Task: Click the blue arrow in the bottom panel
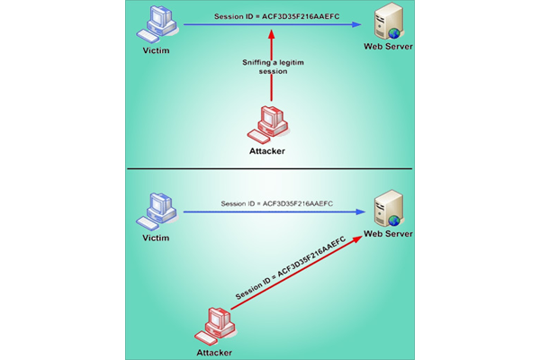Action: tap(270, 213)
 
